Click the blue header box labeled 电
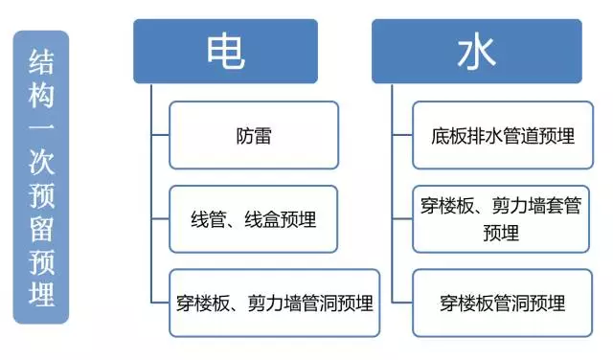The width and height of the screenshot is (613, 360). tap(238, 52)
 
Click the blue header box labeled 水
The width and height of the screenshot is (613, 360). tap(477, 52)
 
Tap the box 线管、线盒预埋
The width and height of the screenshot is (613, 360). tap(253, 218)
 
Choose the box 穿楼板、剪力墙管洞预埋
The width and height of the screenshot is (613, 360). tap(274, 303)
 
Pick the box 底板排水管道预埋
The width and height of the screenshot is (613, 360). tap(497, 135)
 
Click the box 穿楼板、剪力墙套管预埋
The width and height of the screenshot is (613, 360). tap(501, 218)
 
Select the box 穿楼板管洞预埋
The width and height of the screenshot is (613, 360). tap(501, 303)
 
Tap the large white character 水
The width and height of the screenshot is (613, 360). tap(477, 52)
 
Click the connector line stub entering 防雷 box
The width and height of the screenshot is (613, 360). tap(161, 135)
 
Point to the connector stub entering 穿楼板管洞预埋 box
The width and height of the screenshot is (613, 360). tap(402, 303)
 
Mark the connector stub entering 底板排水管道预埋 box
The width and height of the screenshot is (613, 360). tap(402, 135)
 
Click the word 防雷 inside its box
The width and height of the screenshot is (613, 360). tap(253, 135)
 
